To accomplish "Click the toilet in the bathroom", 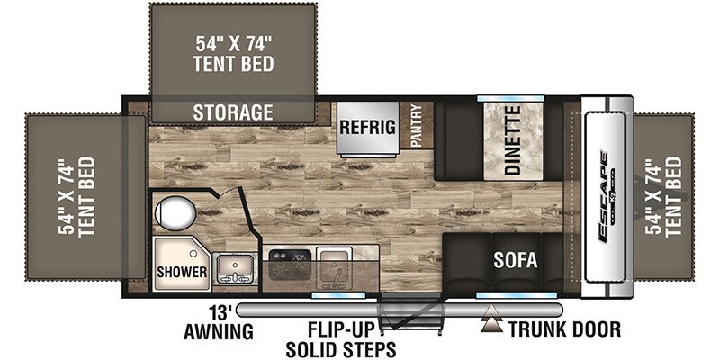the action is (x=175, y=212).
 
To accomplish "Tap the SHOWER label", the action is (x=182, y=272).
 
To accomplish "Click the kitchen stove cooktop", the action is (x=290, y=264).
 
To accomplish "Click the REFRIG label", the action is (x=368, y=127).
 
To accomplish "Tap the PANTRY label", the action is (x=416, y=125).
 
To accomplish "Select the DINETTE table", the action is (x=513, y=141).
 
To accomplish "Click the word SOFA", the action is (x=515, y=260).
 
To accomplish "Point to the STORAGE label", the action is (x=233, y=112).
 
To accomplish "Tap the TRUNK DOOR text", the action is (x=564, y=328).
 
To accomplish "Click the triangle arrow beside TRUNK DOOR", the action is (x=492, y=319).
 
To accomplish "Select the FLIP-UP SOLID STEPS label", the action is (x=340, y=340).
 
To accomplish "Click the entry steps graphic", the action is (x=410, y=313).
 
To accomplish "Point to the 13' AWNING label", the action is (x=219, y=323).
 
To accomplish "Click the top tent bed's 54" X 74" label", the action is (x=234, y=43).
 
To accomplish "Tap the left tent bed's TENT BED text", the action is (x=86, y=197).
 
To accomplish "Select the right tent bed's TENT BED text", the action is (x=674, y=196).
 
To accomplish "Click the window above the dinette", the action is (x=510, y=98).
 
